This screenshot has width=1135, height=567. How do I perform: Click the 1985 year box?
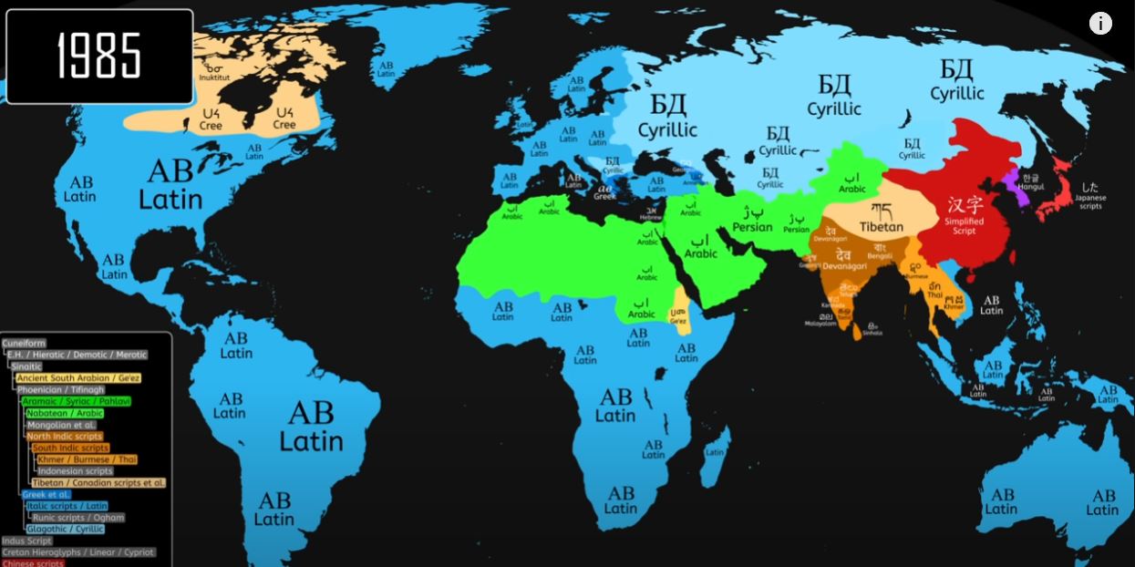99,57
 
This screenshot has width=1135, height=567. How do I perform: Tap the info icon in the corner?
1100,24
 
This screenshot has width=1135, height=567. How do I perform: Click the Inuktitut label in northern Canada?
215,72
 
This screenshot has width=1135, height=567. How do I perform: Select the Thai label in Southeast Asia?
934,294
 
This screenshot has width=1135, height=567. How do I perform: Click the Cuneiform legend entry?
24,343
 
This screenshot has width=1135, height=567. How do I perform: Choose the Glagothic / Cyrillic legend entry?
65,529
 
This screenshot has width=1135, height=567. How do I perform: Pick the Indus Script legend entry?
27,541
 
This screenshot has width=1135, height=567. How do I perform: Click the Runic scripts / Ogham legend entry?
78,517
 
